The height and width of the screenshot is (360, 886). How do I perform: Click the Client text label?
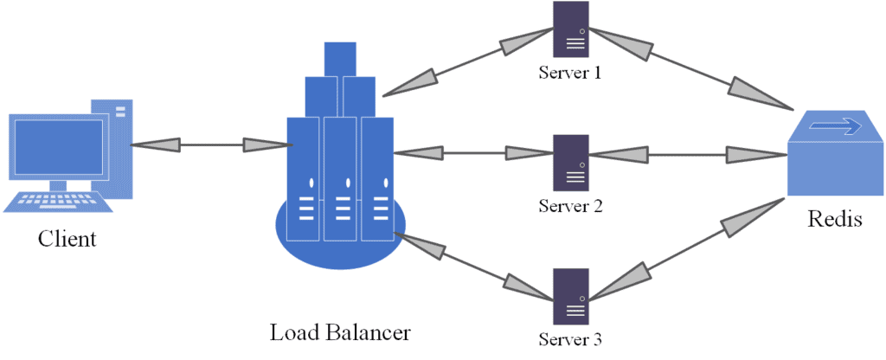tap(67, 239)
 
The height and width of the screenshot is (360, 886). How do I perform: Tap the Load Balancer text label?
tap(340, 332)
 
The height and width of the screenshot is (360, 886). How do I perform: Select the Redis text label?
tap(834, 219)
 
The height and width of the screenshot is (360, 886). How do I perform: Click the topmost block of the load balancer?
tap(340, 58)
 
